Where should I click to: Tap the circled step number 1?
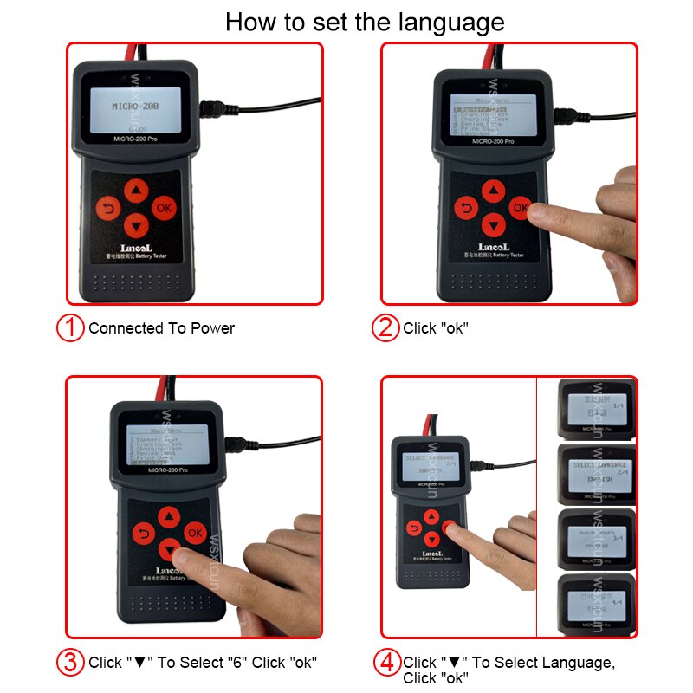[70, 328]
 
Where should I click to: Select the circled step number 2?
[385, 328]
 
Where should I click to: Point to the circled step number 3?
[70, 663]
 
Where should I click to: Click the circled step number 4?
[387, 663]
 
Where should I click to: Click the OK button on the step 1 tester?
[164, 208]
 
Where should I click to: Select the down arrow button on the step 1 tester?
[135, 226]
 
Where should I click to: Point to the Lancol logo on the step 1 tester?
[134, 248]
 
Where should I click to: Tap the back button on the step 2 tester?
[466, 208]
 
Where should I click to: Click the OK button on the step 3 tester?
[195, 533]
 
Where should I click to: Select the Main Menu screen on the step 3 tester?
[165, 447]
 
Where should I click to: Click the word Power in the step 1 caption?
[212, 328]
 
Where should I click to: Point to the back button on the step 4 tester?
[414, 528]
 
